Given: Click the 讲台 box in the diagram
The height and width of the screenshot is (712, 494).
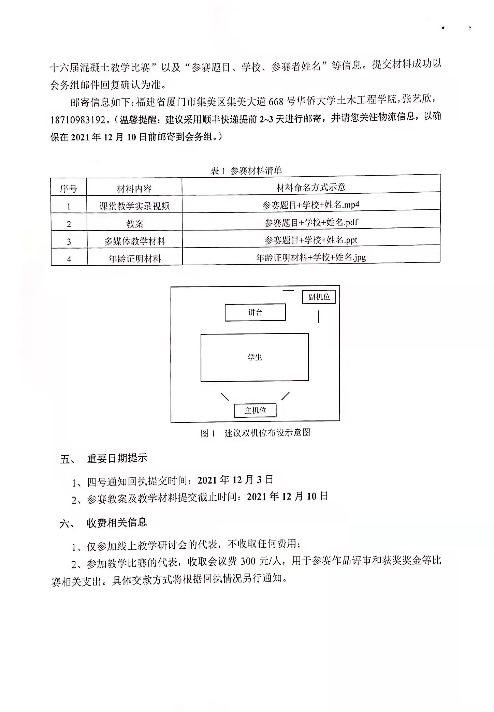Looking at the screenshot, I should click(255, 312).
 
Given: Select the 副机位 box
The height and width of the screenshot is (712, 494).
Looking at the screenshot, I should click(319, 297).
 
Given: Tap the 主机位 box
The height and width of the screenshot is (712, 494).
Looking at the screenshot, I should click(255, 410).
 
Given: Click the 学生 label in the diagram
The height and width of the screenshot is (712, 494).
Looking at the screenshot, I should click(255, 357).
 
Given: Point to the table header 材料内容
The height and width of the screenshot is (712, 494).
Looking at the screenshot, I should click(134, 189).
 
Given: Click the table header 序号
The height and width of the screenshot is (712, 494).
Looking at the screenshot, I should click(69, 189).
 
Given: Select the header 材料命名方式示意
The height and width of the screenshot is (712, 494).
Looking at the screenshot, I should click(311, 187).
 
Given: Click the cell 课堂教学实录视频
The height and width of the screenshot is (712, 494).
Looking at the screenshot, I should click(134, 206).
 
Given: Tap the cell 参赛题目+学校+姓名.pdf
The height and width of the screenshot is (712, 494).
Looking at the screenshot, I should click(311, 222).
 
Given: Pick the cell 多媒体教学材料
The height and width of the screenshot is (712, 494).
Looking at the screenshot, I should click(135, 241).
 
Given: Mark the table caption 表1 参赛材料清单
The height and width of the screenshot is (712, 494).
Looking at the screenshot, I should click(246, 170).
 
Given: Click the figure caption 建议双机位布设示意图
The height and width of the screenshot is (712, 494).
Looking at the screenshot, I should click(267, 433).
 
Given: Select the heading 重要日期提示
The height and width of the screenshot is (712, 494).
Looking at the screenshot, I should click(117, 458).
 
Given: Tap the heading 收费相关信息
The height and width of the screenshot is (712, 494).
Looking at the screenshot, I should click(117, 523).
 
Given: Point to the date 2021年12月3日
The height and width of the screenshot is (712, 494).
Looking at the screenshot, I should click(235, 480).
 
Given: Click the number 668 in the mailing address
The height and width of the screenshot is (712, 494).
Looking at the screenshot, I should click(276, 101).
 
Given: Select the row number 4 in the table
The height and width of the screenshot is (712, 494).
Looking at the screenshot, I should click(69, 259).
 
